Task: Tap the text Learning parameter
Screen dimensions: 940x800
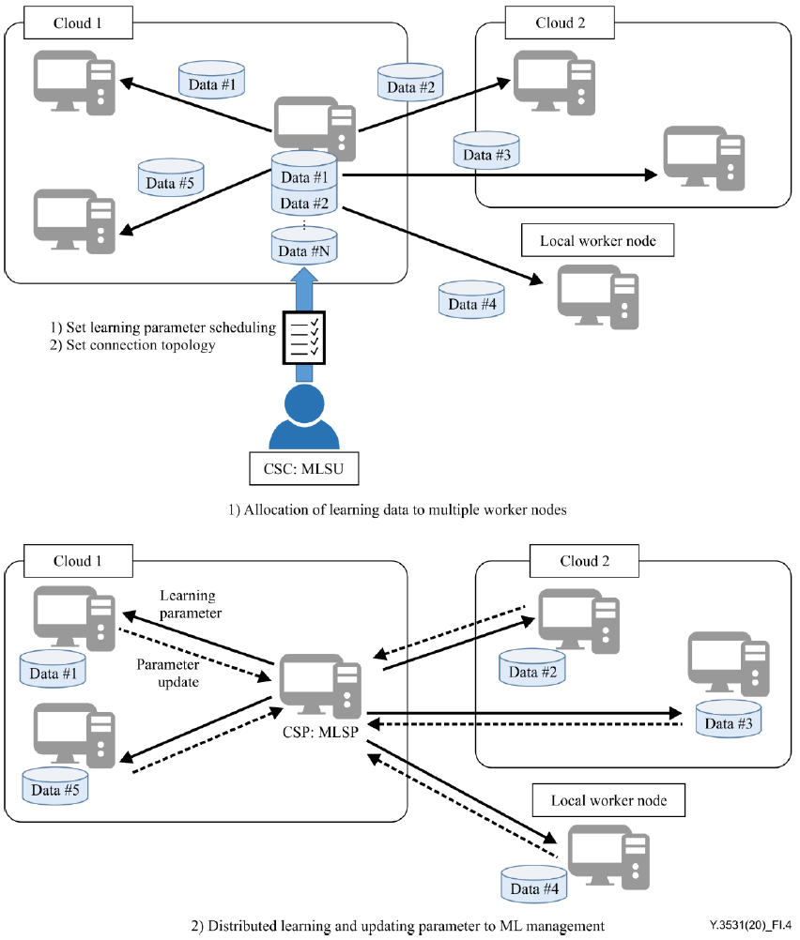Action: point(187,603)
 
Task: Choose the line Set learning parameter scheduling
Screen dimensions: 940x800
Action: point(162,327)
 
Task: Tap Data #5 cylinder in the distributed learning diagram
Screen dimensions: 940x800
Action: point(55,787)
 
